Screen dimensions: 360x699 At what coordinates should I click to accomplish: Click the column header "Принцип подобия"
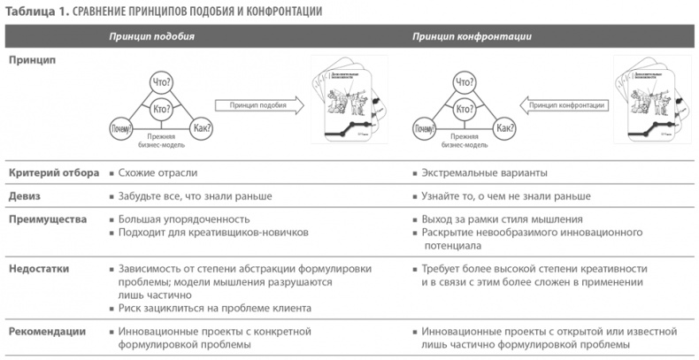pyautogui.click(x=152, y=36)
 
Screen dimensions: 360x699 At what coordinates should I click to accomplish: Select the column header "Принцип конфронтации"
pyautogui.click(x=465, y=36)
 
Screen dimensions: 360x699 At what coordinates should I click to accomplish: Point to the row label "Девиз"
pyautogui.click(x=26, y=195)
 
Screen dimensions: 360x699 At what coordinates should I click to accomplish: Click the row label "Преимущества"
pyautogui.click(x=47, y=218)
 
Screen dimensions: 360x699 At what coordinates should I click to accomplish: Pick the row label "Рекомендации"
pyautogui.click(x=47, y=331)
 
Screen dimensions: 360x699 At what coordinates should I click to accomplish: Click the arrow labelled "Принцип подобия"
pyautogui.click(x=257, y=104)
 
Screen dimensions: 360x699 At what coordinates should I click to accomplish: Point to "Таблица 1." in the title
pyautogui.click(x=32, y=11)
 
